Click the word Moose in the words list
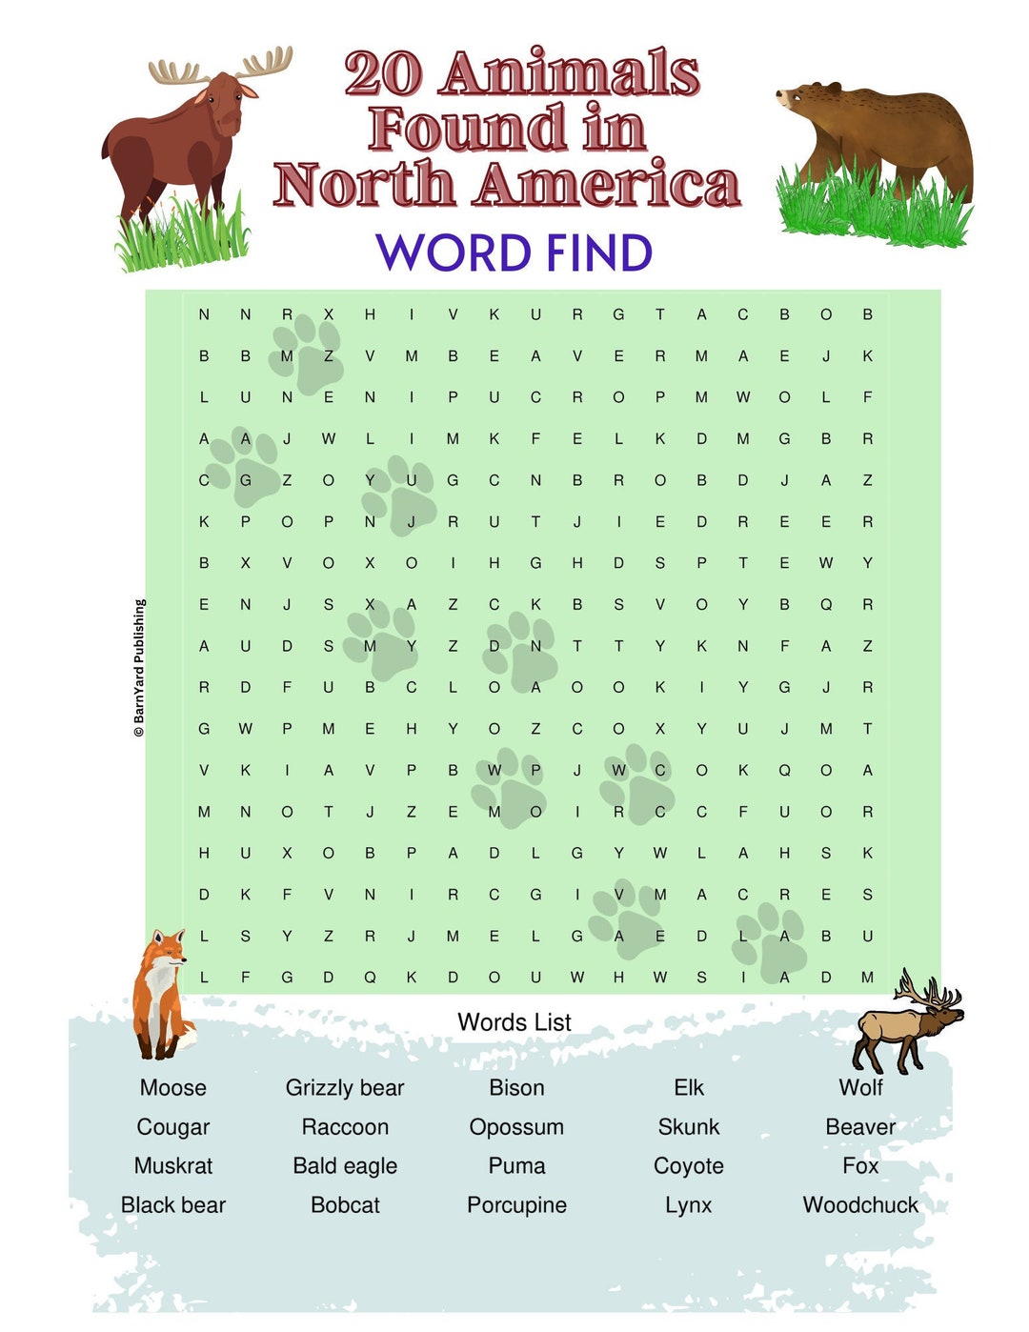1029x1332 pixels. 172,1088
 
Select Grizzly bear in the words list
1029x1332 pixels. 345,1088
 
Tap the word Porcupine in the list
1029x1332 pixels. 516,1205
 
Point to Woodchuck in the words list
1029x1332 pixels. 860,1205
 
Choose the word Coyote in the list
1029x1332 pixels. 689,1166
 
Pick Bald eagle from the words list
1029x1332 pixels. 345,1166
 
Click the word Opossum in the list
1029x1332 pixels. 516,1127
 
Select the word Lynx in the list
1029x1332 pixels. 689,1205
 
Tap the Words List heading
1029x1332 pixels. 514,1022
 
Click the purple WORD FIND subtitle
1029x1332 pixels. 514,253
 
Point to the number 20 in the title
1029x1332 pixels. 382,74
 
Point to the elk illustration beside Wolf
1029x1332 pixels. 905,1024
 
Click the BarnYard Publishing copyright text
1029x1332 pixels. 139,667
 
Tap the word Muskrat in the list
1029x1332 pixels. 172,1166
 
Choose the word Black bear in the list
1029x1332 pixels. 172,1205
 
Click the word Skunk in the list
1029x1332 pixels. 689,1127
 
